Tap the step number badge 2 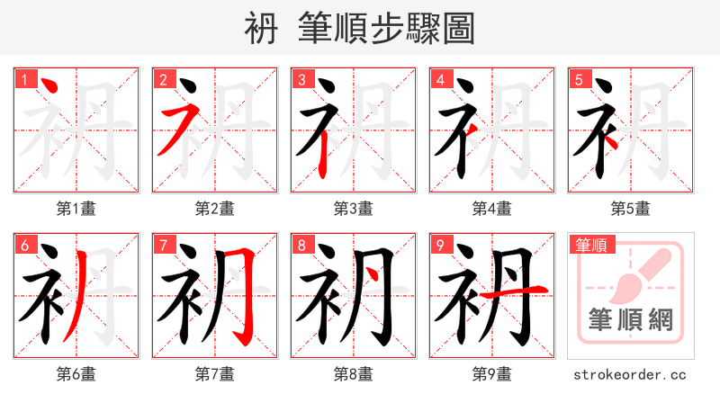click(163, 79)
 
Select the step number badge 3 click(301, 79)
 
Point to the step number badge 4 click(440, 79)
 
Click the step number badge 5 click(579, 79)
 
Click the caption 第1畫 click(76, 209)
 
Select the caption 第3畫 click(354, 209)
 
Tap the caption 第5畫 click(631, 209)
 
